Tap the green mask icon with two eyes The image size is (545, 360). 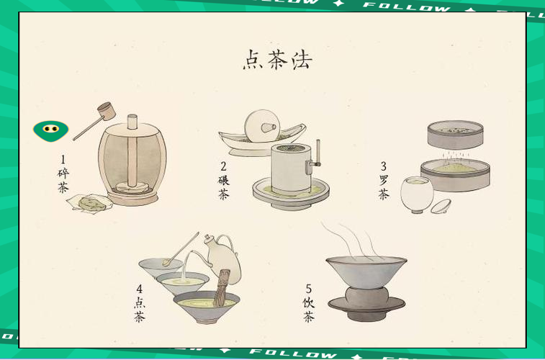(50, 130)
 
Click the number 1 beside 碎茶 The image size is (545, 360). (63, 159)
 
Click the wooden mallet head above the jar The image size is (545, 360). (107, 111)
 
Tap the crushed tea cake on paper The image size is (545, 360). (90, 203)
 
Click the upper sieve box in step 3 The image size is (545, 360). (454, 134)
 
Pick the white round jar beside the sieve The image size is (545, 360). (417, 194)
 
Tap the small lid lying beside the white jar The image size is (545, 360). (441, 207)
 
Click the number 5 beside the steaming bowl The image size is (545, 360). (308, 289)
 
